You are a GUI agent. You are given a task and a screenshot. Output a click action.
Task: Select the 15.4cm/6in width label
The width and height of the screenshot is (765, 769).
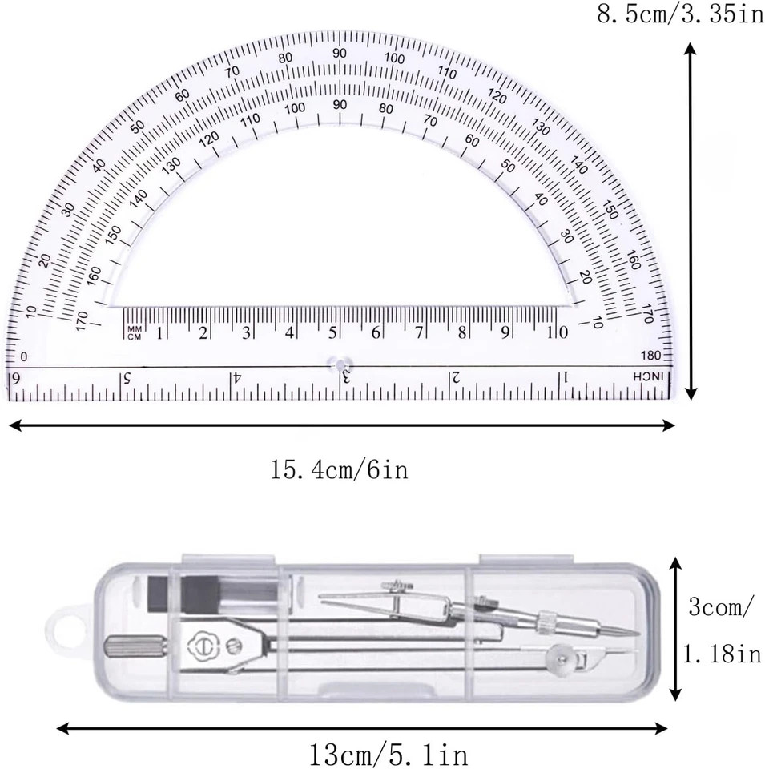tap(340, 469)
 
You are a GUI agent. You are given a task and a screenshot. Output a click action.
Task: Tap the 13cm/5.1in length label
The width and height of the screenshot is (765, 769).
tap(388, 754)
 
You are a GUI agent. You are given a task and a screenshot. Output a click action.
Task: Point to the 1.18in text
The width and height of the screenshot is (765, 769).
tap(721, 655)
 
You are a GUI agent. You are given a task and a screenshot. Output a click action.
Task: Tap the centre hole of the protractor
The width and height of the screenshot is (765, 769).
tap(340, 362)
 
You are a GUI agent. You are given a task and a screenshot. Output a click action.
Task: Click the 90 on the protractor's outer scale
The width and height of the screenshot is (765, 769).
tap(340, 53)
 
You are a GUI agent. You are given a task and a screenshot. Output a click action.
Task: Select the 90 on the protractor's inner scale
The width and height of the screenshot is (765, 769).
tap(340, 104)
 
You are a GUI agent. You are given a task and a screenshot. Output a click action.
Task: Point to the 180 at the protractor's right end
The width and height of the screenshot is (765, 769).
tap(650, 356)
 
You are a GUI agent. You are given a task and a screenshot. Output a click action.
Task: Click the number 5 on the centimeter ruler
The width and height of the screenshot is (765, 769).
tap(332, 332)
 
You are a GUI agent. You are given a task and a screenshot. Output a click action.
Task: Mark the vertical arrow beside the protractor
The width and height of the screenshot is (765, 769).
tap(691, 221)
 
